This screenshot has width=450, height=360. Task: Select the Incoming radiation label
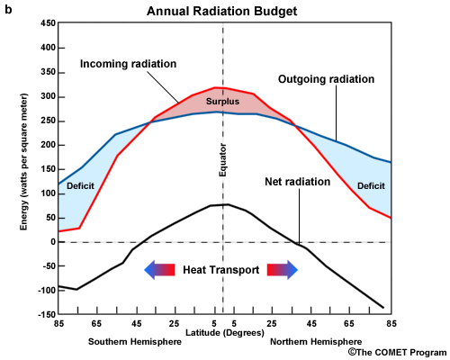click(x=128, y=64)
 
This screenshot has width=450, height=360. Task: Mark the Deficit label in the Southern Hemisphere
click(x=80, y=186)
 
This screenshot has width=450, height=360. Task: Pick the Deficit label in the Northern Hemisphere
click(x=371, y=186)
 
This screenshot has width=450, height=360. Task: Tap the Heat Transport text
click(x=222, y=269)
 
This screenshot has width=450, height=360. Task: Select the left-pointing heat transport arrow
click(x=160, y=269)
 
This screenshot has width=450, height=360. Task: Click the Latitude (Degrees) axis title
click(x=223, y=334)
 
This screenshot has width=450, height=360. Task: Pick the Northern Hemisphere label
click(x=316, y=343)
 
